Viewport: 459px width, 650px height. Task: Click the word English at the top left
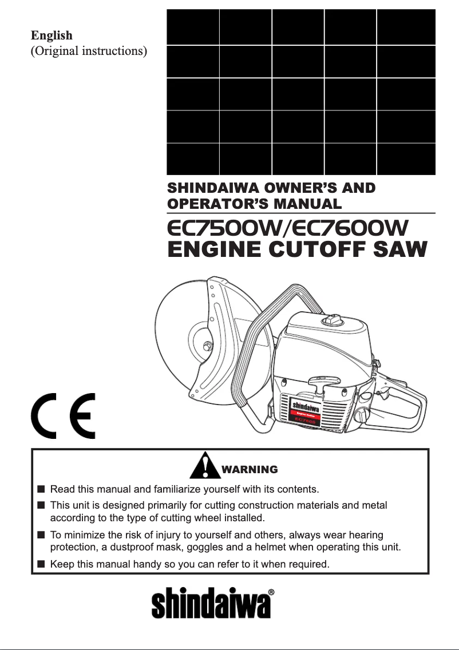52,35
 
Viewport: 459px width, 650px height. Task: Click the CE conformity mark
63,415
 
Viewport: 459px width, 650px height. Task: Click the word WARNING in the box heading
249,470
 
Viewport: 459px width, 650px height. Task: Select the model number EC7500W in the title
223,228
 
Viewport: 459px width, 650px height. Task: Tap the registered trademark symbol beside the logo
271,592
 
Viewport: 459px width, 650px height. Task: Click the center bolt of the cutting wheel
207,345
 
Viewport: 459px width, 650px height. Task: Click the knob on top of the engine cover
332,320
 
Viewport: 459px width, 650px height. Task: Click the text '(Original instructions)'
89,51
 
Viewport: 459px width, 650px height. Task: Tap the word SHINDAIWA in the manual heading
211,188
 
